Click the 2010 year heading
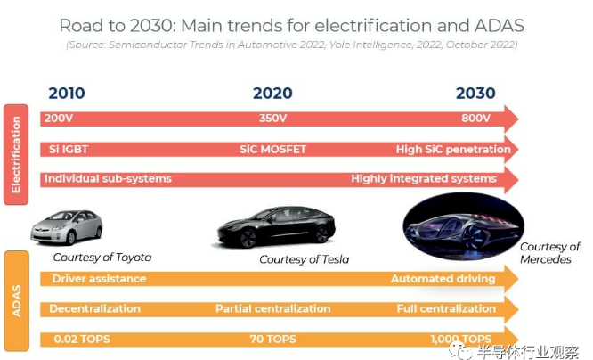coord(67,94)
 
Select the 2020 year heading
coord(272,94)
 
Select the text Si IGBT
coord(69,149)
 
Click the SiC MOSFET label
coord(272,149)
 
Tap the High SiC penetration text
coord(453,149)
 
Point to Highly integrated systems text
coord(423,179)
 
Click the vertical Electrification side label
coord(15,154)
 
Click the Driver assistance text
coord(99,279)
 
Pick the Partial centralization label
coord(272,309)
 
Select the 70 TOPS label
coord(272,339)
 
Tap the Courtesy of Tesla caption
coord(304,259)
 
